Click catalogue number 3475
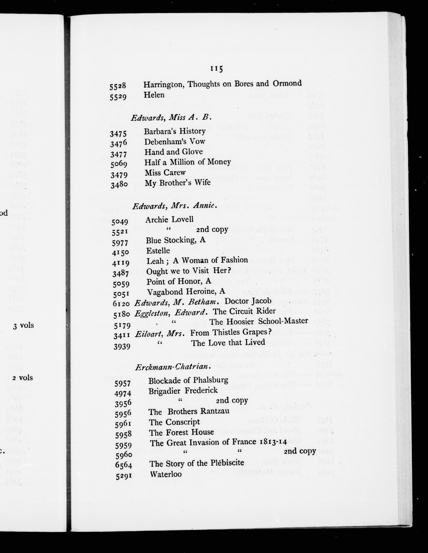coord(118,133)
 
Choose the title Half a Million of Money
coord(188,162)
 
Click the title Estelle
coord(158,251)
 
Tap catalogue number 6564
coord(123,465)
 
